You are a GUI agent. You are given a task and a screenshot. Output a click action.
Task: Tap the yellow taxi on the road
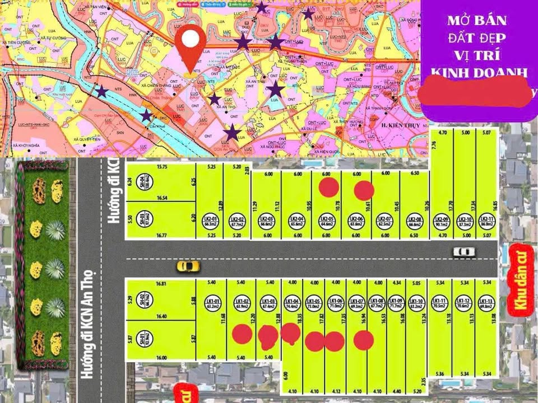[x=188, y=265]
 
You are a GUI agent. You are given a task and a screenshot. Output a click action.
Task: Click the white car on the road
[x=464, y=252]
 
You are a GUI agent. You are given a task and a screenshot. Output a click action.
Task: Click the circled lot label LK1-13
[x=486, y=302]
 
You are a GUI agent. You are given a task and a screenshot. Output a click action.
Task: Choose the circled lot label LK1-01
[x=212, y=303]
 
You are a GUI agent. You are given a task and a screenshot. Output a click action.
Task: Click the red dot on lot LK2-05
[x=328, y=188]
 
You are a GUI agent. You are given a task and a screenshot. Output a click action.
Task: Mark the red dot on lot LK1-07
[x=364, y=340]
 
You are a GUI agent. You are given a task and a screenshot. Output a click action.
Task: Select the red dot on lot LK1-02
[x=242, y=334]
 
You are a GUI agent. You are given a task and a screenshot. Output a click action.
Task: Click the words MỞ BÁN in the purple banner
[x=476, y=21]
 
